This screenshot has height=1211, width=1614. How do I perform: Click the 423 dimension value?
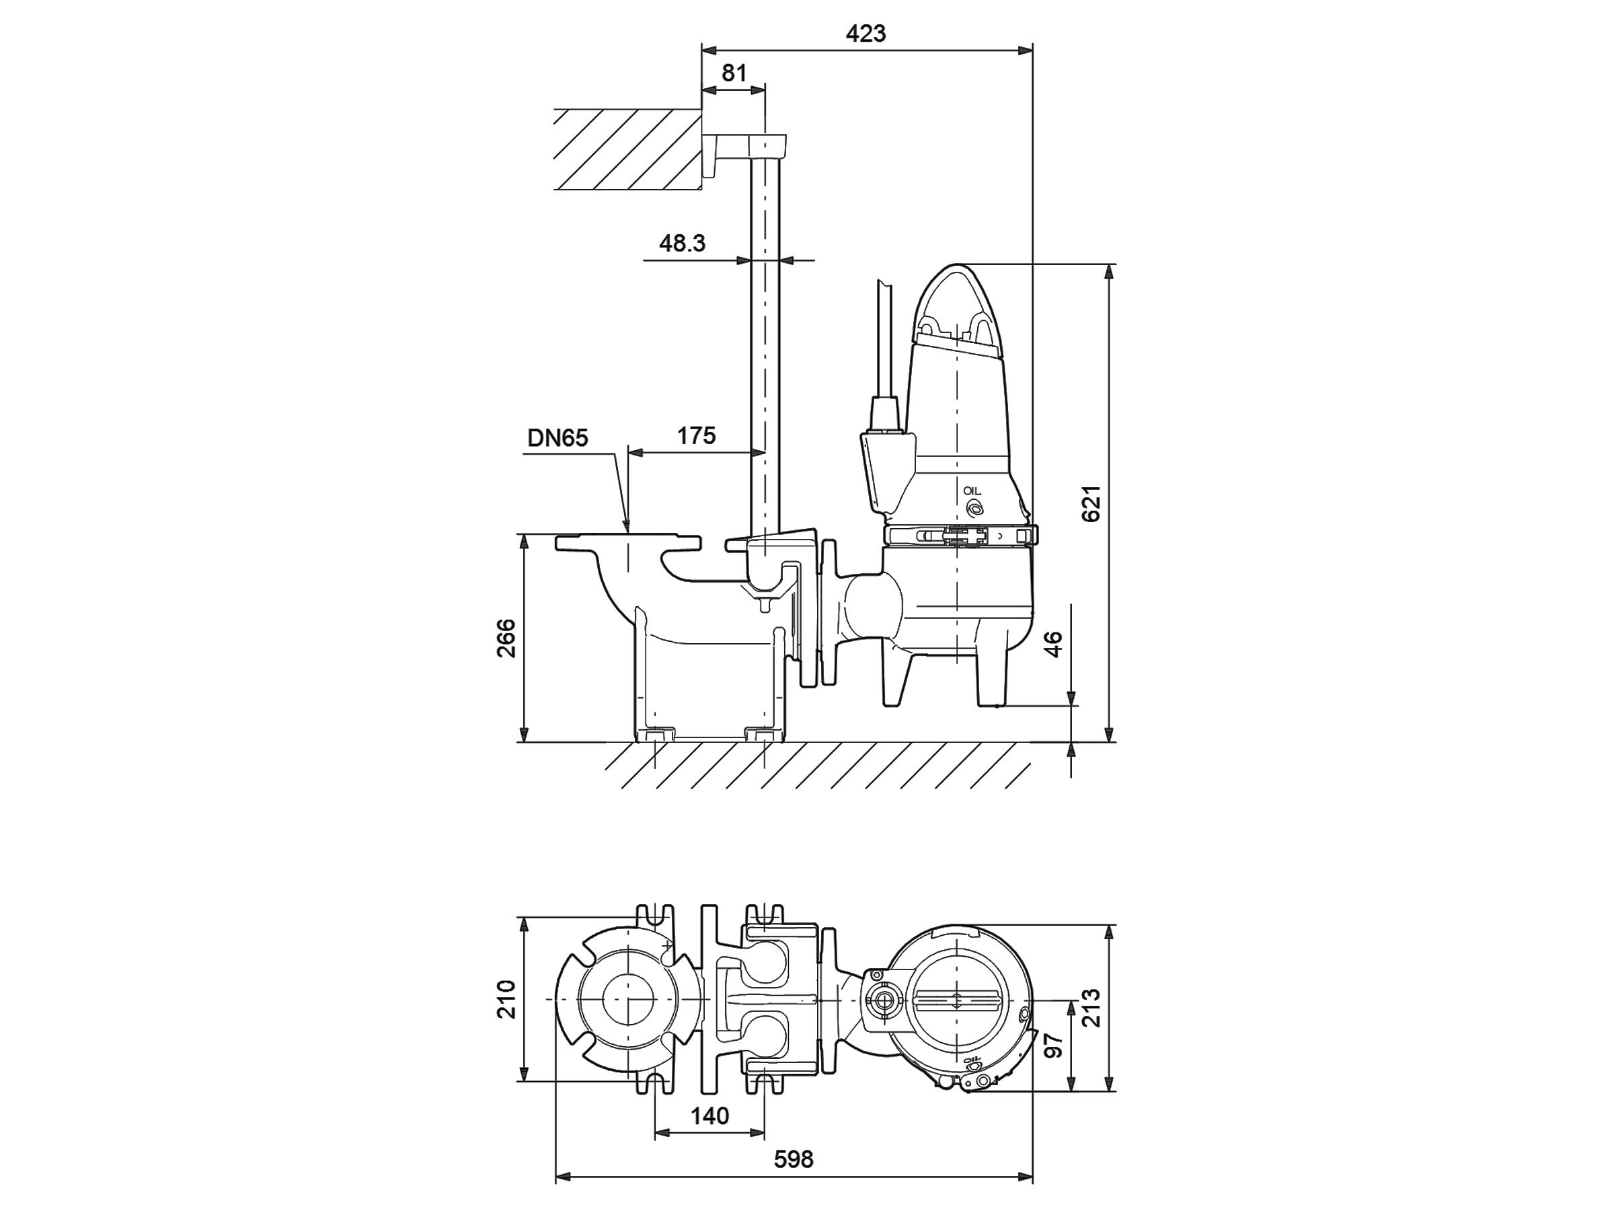click(866, 34)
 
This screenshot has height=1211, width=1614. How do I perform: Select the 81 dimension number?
click(734, 73)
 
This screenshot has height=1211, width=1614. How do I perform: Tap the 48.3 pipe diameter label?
click(682, 243)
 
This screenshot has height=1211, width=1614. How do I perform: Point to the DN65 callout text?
click(558, 438)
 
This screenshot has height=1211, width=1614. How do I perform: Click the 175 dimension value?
click(696, 436)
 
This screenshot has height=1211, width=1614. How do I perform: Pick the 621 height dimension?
click(1091, 504)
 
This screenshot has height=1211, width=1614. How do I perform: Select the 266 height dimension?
click(506, 638)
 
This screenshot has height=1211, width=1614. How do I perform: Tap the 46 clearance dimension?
click(1054, 644)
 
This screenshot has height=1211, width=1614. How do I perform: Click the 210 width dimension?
click(506, 999)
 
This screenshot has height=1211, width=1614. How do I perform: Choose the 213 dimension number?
click(1091, 1008)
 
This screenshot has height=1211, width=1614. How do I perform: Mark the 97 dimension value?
click(1054, 1045)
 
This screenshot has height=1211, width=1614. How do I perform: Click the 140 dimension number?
click(709, 1115)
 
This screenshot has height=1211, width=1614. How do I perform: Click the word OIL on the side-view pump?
click(972, 491)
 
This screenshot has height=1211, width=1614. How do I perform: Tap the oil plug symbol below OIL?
click(973, 509)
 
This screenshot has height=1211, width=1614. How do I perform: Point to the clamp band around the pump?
click(959, 536)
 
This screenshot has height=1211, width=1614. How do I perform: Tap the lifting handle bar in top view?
click(955, 1000)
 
